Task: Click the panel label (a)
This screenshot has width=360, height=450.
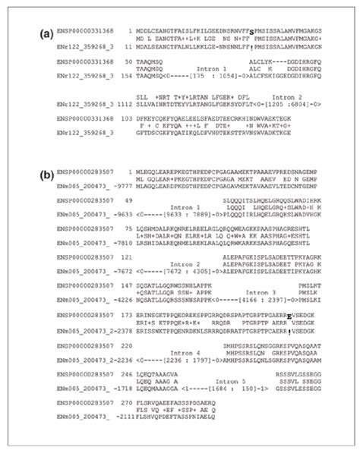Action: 46,34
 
